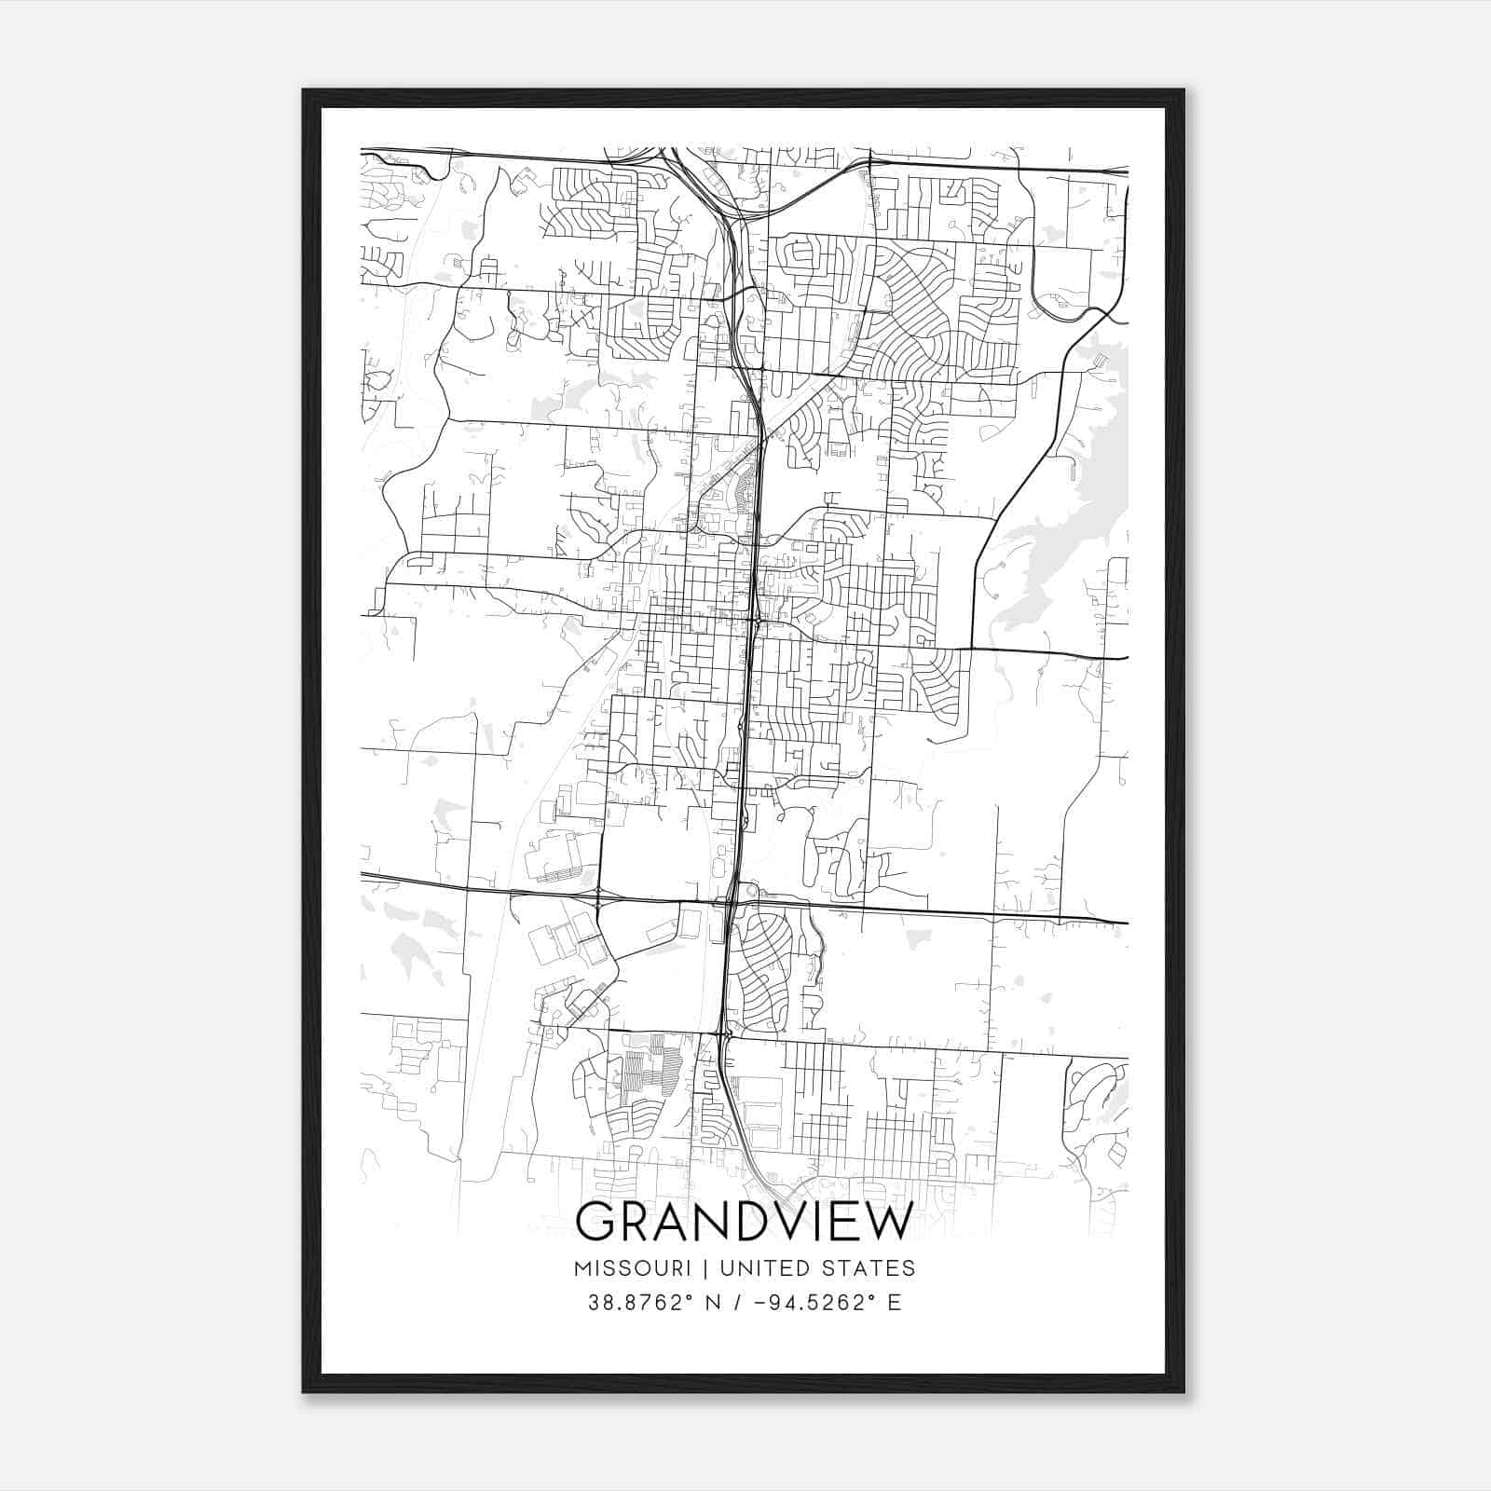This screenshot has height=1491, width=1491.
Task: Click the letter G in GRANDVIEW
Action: coord(596,1223)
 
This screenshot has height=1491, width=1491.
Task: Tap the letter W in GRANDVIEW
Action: coord(885,1223)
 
